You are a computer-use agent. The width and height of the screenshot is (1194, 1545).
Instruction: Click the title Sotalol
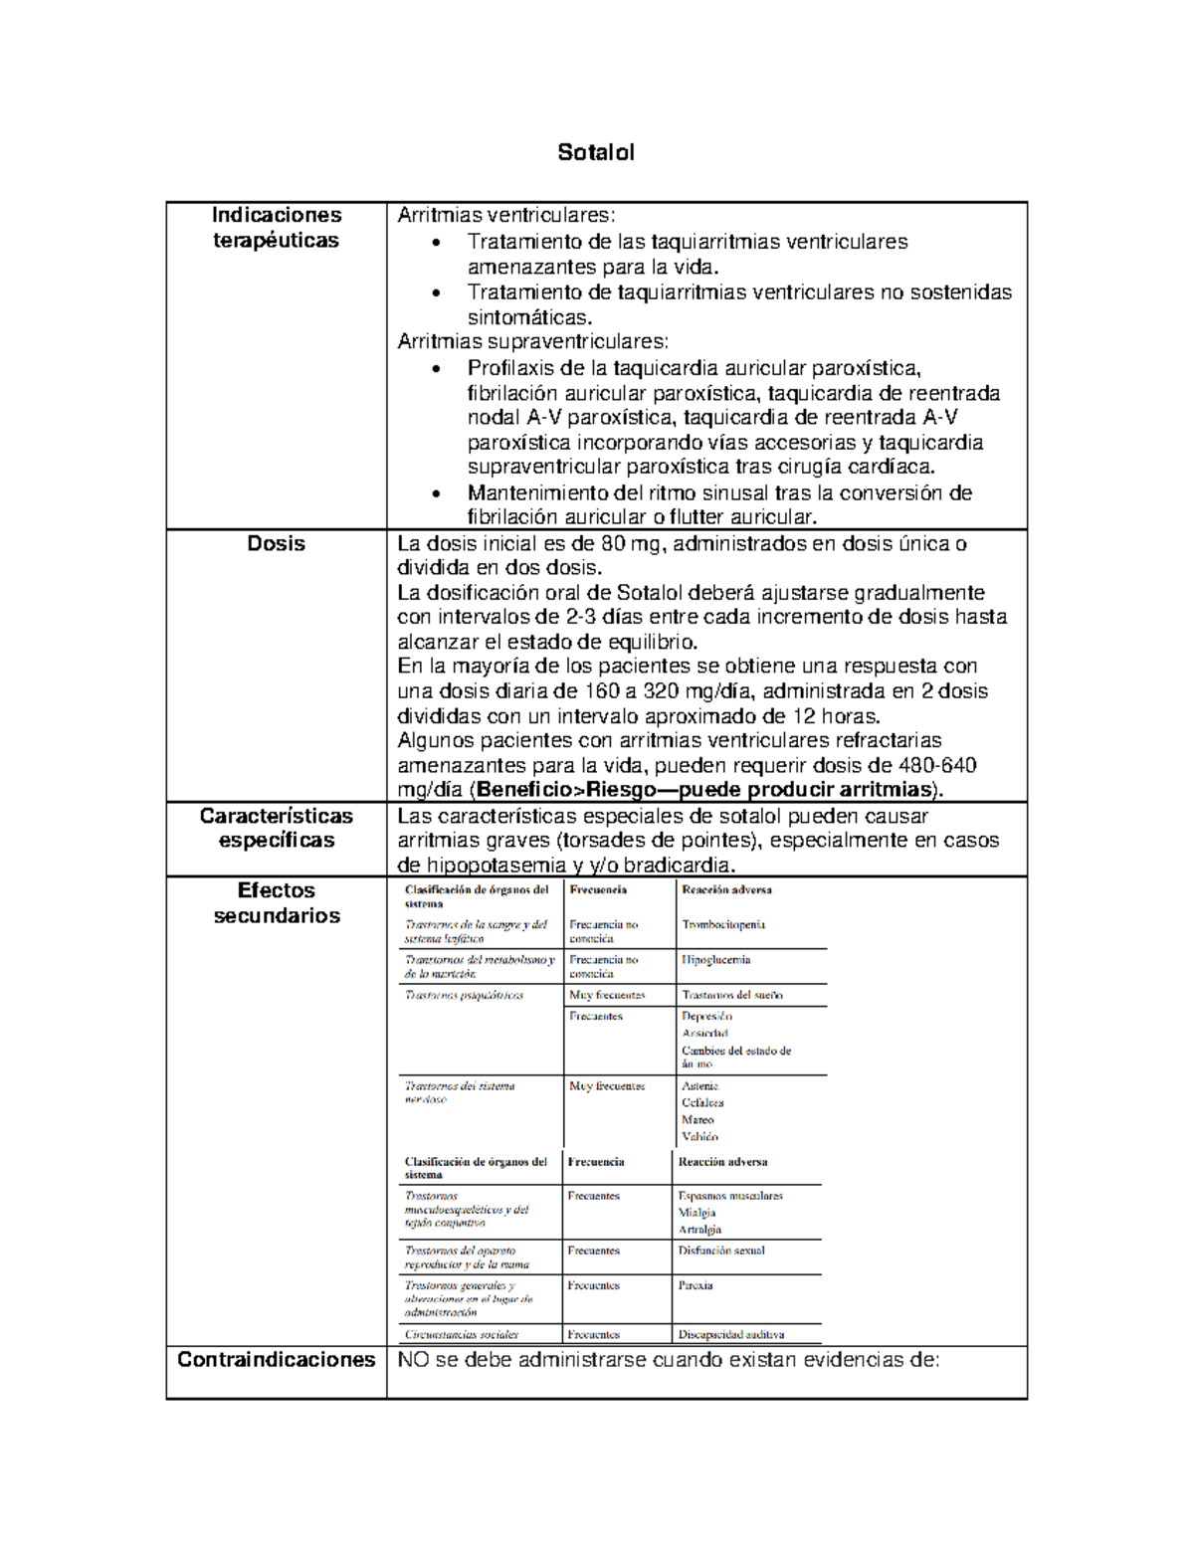(595, 152)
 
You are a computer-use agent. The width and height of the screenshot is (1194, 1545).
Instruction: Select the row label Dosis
(276, 543)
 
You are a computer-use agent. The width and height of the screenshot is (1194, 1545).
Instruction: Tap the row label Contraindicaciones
(276, 1359)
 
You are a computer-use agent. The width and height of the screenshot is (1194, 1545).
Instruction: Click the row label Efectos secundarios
(276, 902)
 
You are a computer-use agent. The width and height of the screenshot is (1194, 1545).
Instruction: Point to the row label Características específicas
(276, 828)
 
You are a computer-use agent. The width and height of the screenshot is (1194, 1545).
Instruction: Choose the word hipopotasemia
(482, 865)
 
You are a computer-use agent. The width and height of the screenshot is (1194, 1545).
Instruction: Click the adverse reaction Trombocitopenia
(723, 924)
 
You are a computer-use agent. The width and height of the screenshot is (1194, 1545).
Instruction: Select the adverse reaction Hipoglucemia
(715, 960)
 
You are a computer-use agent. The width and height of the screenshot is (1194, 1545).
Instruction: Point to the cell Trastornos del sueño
(731, 995)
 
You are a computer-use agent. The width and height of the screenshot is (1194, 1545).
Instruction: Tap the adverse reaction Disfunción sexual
(721, 1251)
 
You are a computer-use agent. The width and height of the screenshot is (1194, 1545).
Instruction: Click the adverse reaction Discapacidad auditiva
(730, 1334)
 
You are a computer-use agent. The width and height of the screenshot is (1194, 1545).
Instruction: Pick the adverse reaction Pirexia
(695, 1285)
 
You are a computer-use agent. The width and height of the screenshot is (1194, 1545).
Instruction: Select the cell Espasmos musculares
(729, 1196)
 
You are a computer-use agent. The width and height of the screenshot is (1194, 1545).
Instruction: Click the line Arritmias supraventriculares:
(532, 341)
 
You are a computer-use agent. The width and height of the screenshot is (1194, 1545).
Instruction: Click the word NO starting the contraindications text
(413, 1359)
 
